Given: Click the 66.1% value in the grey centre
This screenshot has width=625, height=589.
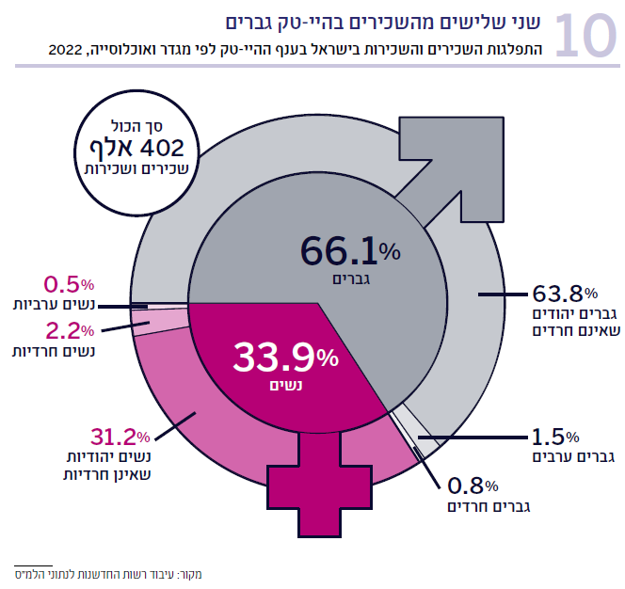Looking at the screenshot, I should tap(350, 251).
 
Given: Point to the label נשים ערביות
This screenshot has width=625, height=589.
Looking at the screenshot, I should tap(53, 306).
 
